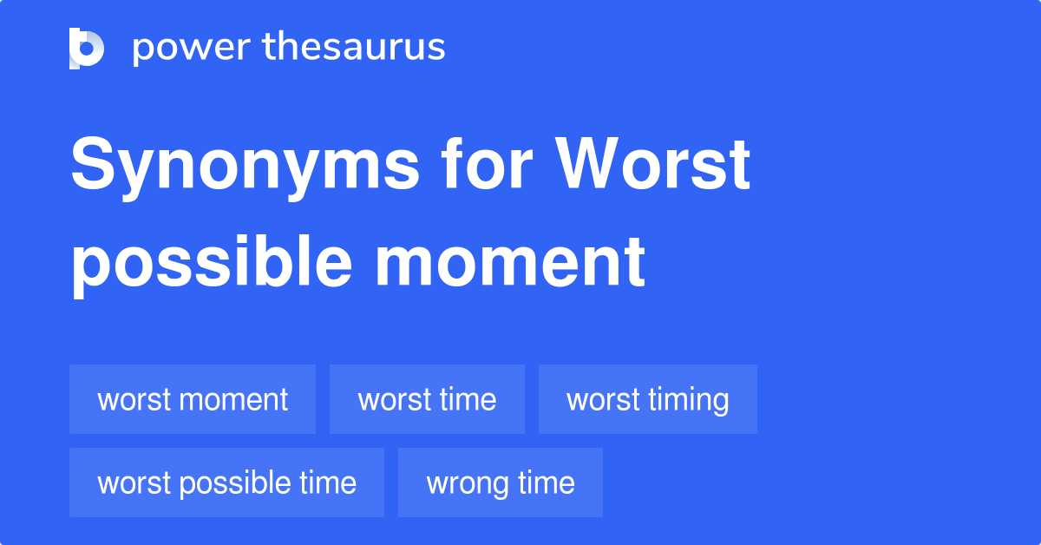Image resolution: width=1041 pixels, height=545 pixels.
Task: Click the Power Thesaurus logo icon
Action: point(86,48)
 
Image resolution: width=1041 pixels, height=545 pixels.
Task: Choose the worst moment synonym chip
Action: point(193,399)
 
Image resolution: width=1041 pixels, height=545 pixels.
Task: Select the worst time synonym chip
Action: point(427,399)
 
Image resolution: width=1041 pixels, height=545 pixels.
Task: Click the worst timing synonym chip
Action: point(648,399)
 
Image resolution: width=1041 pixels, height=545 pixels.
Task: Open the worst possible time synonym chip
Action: point(226,483)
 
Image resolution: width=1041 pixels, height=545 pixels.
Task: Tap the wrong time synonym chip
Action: point(501,483)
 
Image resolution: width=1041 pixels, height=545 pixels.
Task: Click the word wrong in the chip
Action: point(462,483)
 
